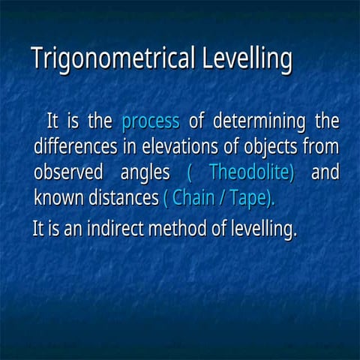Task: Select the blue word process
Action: (150, 121)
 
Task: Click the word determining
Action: (258, 121)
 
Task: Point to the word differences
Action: (74, 146)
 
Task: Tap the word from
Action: (321, 146)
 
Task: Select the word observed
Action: (67, 172)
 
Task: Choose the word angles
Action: (145, 172)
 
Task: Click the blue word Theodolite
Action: (251, 172)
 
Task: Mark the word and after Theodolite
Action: (324, 172)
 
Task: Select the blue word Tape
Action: (250, 198)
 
